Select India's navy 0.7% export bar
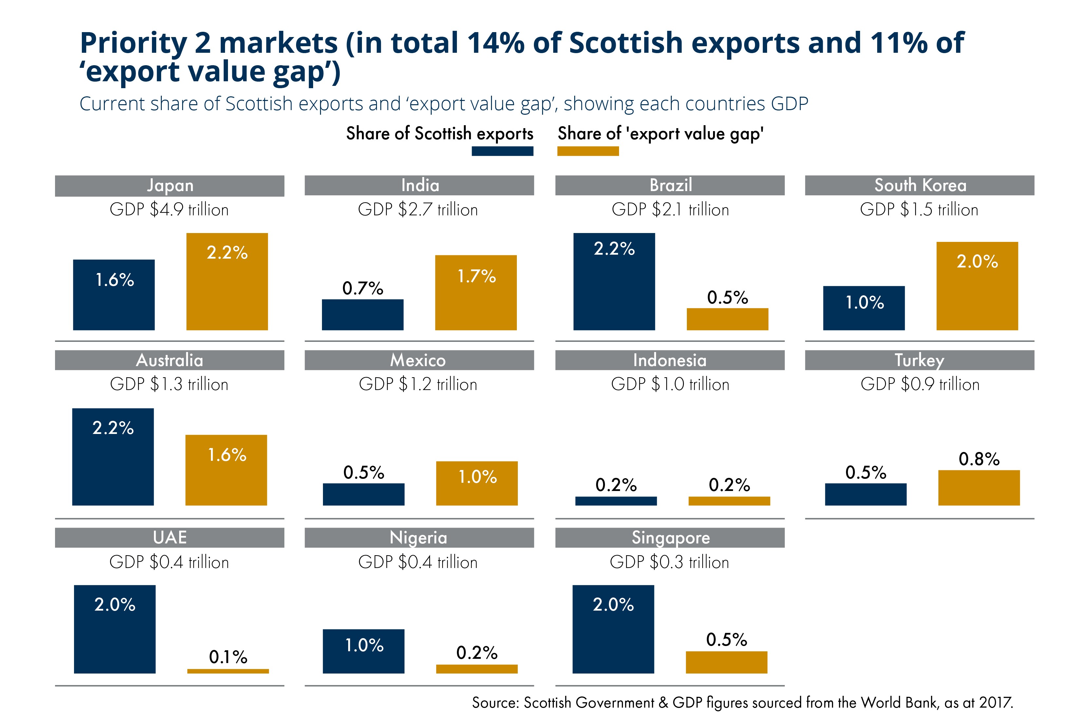(363, 315)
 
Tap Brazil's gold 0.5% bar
(727, 320)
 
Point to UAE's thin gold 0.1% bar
(228, 671)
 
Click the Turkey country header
(919, 360)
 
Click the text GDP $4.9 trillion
(169, 210)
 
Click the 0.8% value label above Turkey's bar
(979, 459)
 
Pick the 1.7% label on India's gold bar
(476, 276)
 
